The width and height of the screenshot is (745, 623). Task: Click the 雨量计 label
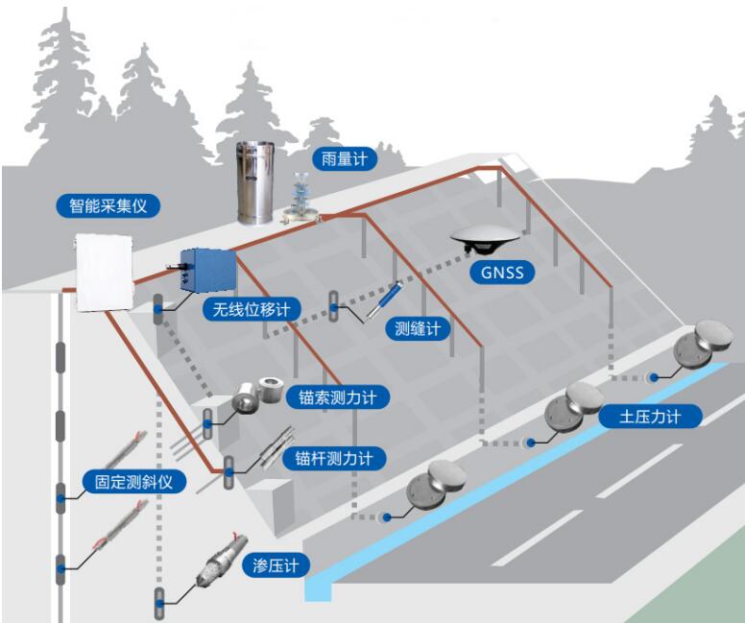(345, 158)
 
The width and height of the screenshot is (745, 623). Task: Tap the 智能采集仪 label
(108, 205)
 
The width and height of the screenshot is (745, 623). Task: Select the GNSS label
(502, 273)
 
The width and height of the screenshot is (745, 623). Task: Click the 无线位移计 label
(251, 309)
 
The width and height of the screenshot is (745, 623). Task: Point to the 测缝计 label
(418, 328)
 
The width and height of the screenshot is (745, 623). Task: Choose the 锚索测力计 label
(337, 396)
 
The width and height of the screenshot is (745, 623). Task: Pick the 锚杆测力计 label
(333, 458)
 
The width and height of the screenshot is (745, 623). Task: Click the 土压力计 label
(650, 417)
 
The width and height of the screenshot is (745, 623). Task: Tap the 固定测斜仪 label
(133, 481)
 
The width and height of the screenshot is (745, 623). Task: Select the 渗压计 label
(276, 565)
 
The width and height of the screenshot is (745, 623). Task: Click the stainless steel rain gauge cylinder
(255, 182)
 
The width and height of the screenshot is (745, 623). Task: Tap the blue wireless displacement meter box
(207, 270)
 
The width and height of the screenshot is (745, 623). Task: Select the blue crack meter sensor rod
(386, 300)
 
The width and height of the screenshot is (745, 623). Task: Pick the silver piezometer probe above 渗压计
(222, 560)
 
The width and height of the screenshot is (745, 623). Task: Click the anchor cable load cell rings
(257, 395)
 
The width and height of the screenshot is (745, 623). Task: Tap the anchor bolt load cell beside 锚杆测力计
(278, 446)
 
